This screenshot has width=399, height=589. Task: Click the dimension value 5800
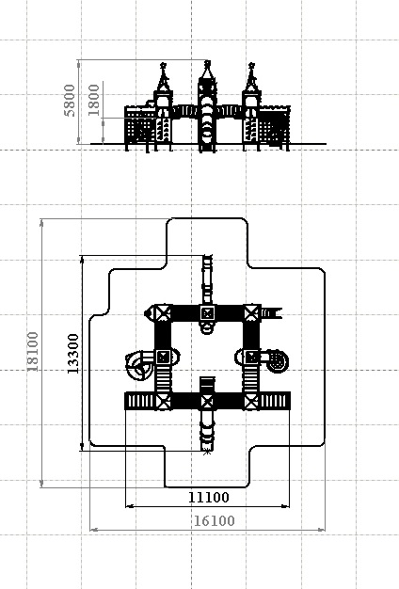[70, 101]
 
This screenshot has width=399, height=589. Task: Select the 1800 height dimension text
[93, 101]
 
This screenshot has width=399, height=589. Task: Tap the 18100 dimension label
[33, 352]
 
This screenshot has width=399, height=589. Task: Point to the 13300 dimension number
[73, 354]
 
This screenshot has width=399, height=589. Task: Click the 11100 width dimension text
[208, 498]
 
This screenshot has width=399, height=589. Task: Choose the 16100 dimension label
[215, 521]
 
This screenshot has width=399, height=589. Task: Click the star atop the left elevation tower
[163, 65]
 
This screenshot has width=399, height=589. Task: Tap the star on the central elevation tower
[207, 63]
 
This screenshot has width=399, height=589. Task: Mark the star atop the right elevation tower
[251, 65]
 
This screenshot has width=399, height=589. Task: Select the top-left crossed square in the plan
[163, 313]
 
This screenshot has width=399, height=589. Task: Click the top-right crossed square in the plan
[251, 313]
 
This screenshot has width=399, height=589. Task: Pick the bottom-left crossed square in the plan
[163, 401]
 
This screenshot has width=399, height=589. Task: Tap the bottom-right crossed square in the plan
[251, 401]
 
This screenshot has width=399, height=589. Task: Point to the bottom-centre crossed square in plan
[207, 401]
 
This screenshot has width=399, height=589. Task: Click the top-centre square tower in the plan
[207, 313]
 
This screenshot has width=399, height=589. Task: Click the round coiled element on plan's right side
[278, 361]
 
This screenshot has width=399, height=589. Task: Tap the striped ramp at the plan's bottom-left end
[140, 401]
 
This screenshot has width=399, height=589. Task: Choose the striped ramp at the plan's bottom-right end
[275, 401]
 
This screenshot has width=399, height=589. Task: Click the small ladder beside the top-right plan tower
[271, 313]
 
